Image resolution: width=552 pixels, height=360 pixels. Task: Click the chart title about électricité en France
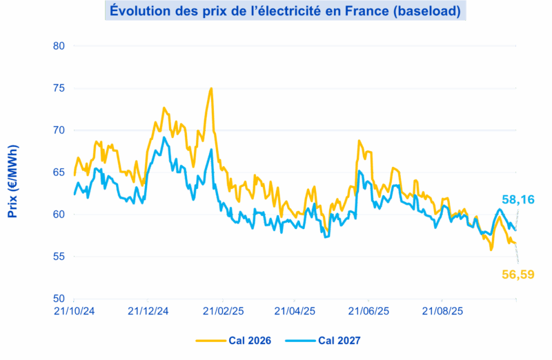283,10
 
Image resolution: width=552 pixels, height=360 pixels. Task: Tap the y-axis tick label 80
59,46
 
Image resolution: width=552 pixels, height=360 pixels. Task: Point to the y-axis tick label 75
59,88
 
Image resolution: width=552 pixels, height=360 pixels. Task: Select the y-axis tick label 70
59,130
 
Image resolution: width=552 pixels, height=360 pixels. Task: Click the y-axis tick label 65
59,172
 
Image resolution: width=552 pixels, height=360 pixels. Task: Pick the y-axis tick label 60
59,214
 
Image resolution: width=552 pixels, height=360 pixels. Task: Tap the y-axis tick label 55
59,257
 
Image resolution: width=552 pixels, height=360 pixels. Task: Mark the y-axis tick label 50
59,299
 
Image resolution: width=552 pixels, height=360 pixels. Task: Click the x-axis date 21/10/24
74,311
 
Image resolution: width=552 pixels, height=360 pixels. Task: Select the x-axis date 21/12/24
148,311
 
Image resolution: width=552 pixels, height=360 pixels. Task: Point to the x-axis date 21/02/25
222,311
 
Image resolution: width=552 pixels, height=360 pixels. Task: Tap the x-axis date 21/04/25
295,311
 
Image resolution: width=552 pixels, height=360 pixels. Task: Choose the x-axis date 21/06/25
369,311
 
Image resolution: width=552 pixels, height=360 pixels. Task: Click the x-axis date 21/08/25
443,311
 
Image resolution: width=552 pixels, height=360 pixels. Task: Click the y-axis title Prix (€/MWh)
12,181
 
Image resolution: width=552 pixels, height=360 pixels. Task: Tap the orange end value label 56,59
517,274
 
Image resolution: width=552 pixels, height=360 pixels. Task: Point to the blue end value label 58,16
517,199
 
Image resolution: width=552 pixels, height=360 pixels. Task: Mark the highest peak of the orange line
210,89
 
